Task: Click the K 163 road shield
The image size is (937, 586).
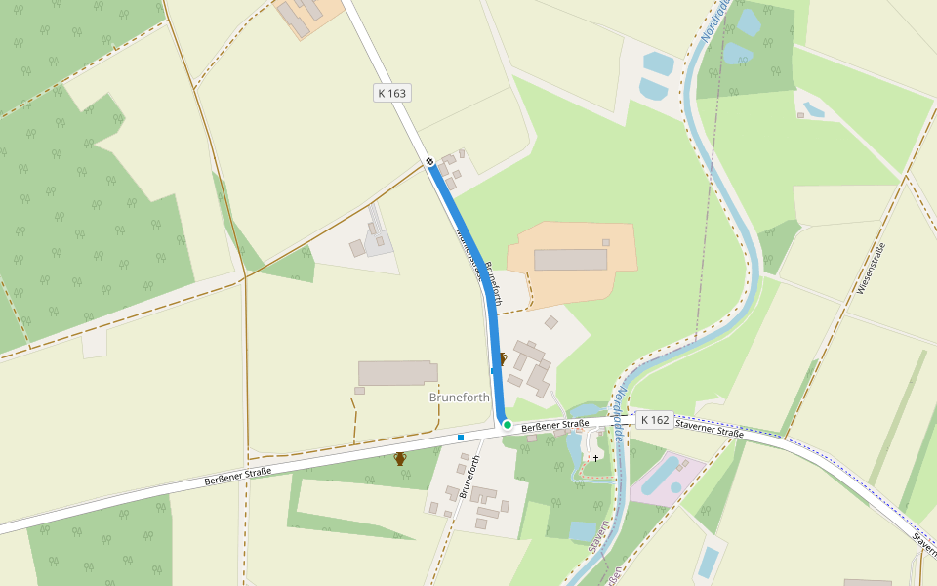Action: (x=390, y=93)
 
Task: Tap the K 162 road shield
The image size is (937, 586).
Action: (x=654, y=420)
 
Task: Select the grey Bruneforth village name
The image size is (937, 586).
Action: (x=460, y=398)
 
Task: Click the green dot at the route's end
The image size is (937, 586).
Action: (x=508, y=425)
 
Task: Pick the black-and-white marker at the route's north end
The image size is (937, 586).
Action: (x=429, y=161)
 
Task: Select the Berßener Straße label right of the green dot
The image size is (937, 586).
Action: (x=555, y=425)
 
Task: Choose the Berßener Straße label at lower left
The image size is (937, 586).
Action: (x=238, y=477)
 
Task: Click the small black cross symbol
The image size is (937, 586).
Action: (x=595, y=457)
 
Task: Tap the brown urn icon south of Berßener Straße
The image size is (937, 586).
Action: (x=400, y=458)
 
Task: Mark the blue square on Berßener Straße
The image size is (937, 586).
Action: (x=460, y=439)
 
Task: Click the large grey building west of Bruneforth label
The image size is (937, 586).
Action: (x=397, y=373)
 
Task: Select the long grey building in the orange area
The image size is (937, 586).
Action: (x=571, y=259)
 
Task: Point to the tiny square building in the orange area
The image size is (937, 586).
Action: (x=606, y=242)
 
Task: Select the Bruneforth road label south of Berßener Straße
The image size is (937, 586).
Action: (x=470, y=477)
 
